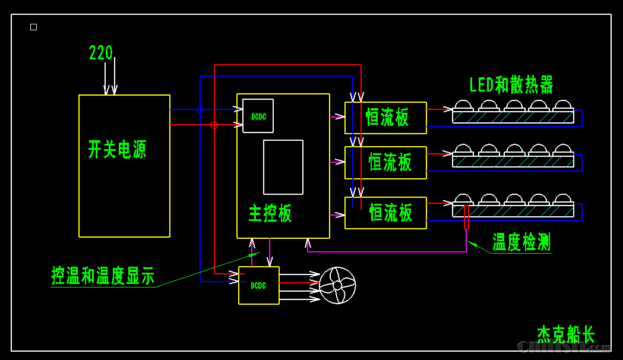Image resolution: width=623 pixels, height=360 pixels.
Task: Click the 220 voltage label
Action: click(100, 53)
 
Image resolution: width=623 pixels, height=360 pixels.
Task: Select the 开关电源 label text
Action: click(117, 149)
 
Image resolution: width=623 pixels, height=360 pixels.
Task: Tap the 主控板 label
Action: click(270, 213)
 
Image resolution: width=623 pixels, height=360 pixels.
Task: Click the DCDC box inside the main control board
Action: click(258, 116)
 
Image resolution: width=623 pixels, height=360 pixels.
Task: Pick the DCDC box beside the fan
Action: click(258, 286)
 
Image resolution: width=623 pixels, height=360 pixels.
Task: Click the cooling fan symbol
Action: click(337, 285)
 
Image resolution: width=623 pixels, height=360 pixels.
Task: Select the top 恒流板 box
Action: click(385, 118)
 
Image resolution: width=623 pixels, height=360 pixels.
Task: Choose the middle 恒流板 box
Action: click(385, 162)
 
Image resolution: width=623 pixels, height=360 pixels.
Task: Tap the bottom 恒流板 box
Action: click(385, 213)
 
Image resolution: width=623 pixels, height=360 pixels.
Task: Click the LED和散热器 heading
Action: click(511, 85)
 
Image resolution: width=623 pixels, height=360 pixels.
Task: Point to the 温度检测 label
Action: click(521, 242)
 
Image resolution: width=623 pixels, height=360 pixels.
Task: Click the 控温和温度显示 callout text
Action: click(103, 276)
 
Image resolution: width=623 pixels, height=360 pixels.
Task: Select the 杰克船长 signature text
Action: click(565, 334)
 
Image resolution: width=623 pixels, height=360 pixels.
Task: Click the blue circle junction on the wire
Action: click(200, 109)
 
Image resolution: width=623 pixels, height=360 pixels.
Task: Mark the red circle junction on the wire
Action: click(214, 125)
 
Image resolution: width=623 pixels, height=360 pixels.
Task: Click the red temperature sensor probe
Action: click(466, 217)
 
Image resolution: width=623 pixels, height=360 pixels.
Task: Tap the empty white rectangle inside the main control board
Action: click(283, 167)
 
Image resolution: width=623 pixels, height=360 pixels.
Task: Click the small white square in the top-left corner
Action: click(33, 27)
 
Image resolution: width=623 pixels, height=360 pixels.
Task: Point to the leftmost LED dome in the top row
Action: click(463, 105)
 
